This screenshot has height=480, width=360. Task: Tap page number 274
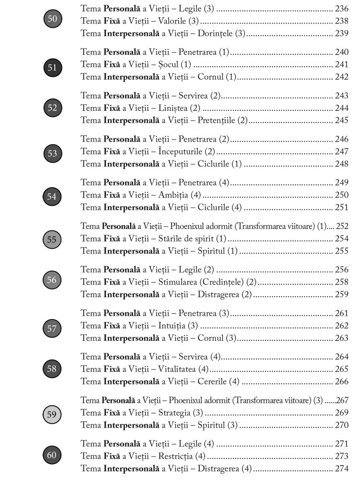(x=341, y=469)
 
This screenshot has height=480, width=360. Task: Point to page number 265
(x=341, y=369)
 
